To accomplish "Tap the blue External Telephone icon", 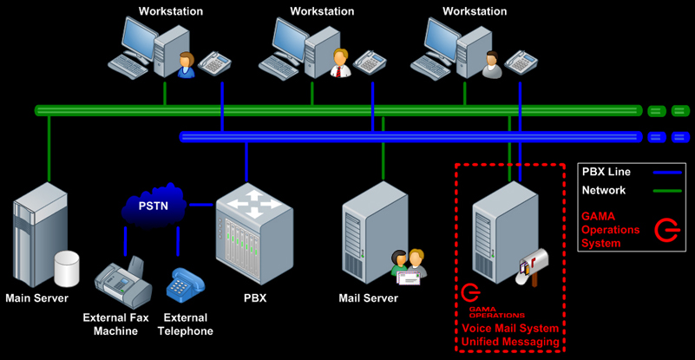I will [185, 285].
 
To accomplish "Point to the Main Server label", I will [38, 298].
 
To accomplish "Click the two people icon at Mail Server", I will [409, 265].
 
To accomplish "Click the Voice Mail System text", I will [510, 329].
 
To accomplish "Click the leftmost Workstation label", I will [170, 11].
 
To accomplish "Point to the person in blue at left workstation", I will [185, 65].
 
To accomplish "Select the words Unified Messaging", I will [510, 344].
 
